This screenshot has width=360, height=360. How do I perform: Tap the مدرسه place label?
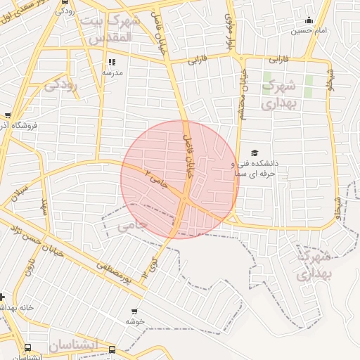tap(112, 72)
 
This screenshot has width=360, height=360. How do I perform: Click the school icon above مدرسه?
tap(112, 63)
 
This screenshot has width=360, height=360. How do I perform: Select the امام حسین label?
tap(310, 30)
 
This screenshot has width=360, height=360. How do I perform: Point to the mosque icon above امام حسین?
tap(309, 20)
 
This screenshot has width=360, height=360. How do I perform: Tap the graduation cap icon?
tap(255, 153)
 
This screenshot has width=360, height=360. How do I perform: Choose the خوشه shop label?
tap(134, 321)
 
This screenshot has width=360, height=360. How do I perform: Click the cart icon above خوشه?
tap(134, 311)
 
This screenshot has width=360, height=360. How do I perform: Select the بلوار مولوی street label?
tap(229, 31)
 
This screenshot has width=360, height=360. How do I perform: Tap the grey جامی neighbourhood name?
tap(132, 226)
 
